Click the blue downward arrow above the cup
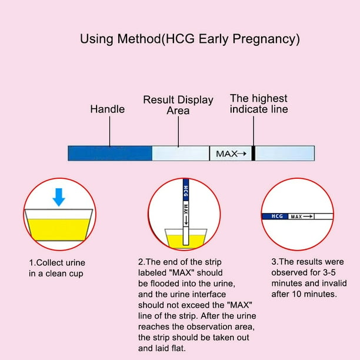coord(59,197)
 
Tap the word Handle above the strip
coord(108,109)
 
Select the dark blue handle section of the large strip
coord(110,153)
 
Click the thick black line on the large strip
coord(254,153)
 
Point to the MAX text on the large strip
coord(226,154)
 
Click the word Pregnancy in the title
coord(266,39)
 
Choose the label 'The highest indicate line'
coord(259,104)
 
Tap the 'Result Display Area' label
coord(178,105)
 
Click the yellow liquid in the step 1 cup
coord(59,229)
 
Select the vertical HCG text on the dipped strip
coord(186,192)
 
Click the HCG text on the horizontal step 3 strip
coord(277,216)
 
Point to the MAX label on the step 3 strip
coord(296,216)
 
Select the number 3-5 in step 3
coord(329,272)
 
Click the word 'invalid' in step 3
coord(336,284)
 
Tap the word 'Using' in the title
coord(96,39)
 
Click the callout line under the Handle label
coord(109,131)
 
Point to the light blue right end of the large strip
coord(285,153)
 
